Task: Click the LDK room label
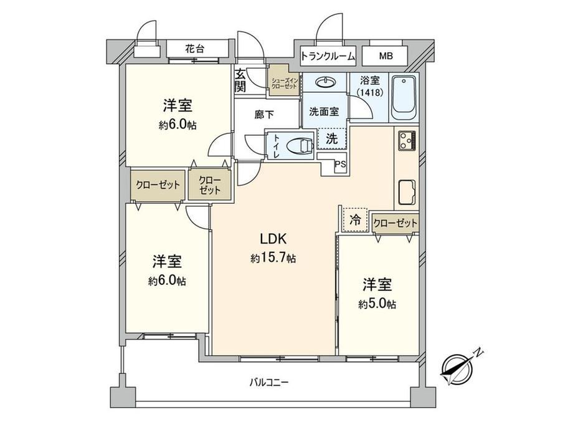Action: click(x=273, y=239)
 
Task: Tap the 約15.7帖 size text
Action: click(x=273, y=259)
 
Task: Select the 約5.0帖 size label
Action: click(x=377, y=304)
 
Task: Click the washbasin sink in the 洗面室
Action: click(x=324, y=82)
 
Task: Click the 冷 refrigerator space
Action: click(x=355, y=219)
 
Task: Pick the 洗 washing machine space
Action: click(x=331, y=138)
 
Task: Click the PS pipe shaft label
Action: click(x=340, y=165)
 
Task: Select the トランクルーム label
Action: click(x=328, y=56)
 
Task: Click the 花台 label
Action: click(x=194, y=49)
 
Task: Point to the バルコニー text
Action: click(x=269, y=383)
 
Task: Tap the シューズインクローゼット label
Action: click(x=284, y=83)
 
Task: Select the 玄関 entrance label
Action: click(x=240, y=80)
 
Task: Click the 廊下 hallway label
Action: click(x=264, y=115)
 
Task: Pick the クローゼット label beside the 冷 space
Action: click(x=395, y=222)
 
